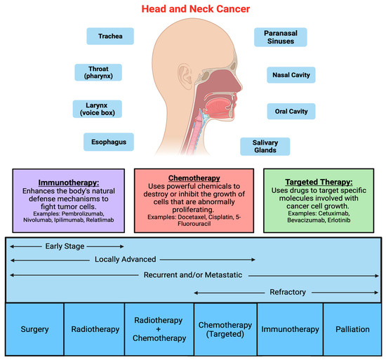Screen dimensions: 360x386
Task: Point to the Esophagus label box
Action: pyautogui.click(x=107, y=142)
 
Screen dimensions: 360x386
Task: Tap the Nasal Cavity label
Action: pyautogui.click(x=290, y=74)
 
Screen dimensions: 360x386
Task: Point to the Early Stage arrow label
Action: pyautogui.click(x=67, y=246)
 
